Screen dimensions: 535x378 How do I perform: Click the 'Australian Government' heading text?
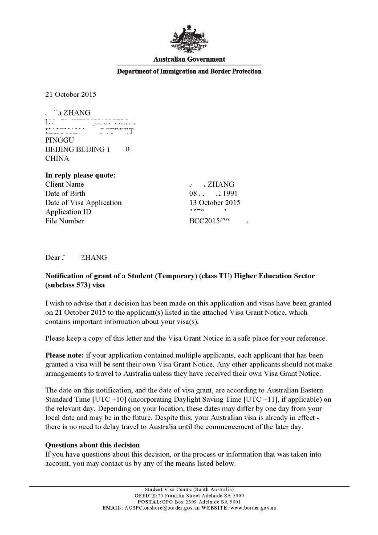tap(189, 59)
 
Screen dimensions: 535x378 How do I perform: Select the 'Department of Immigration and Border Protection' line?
tap(189, 71)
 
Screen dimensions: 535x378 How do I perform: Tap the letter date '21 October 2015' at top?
tap(70, 95)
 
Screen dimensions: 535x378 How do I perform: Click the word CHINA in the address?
tap(57, 158)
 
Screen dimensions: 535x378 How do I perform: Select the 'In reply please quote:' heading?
tap(81, 175)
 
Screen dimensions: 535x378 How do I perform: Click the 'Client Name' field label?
tap(65, 185)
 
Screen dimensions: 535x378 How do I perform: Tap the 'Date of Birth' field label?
tap(65, 193)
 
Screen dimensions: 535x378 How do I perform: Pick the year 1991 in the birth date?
tap(230, 193)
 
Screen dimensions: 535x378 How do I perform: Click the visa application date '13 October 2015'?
tap(215, 203)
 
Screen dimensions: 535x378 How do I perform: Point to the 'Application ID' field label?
tap(68, 212)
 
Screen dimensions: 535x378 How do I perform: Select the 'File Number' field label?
tap(65, 221)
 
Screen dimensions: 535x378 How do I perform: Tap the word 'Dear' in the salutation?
tap(52, 258)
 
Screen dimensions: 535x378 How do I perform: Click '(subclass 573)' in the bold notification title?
tap(67, 285)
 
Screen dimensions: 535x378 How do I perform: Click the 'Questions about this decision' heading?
tap(93, 445)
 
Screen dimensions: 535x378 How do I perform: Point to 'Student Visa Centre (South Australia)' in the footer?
tap(189, 490)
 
